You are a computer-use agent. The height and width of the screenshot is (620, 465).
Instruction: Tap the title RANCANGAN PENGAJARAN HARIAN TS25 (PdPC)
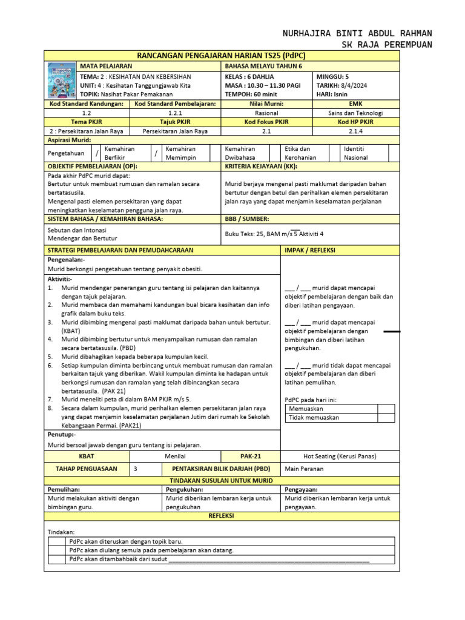point(222,55)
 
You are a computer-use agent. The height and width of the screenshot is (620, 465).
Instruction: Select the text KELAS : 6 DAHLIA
point(249,77)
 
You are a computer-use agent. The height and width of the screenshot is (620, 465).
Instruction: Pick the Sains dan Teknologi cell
point(355,113)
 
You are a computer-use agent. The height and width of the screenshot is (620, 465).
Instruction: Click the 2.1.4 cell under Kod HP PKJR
point(355,131)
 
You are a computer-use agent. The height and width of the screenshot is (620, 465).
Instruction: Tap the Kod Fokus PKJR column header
point(267,122)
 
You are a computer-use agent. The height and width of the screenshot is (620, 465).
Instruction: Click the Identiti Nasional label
point(355,153)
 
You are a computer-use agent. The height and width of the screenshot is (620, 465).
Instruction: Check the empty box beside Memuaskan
point(386,409)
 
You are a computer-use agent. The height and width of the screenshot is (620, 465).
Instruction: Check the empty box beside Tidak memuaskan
point(386,418)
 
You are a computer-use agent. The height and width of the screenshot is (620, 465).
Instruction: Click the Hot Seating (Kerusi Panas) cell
point(339,456)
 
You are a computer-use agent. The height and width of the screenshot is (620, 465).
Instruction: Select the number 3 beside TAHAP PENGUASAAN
point(135,469)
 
